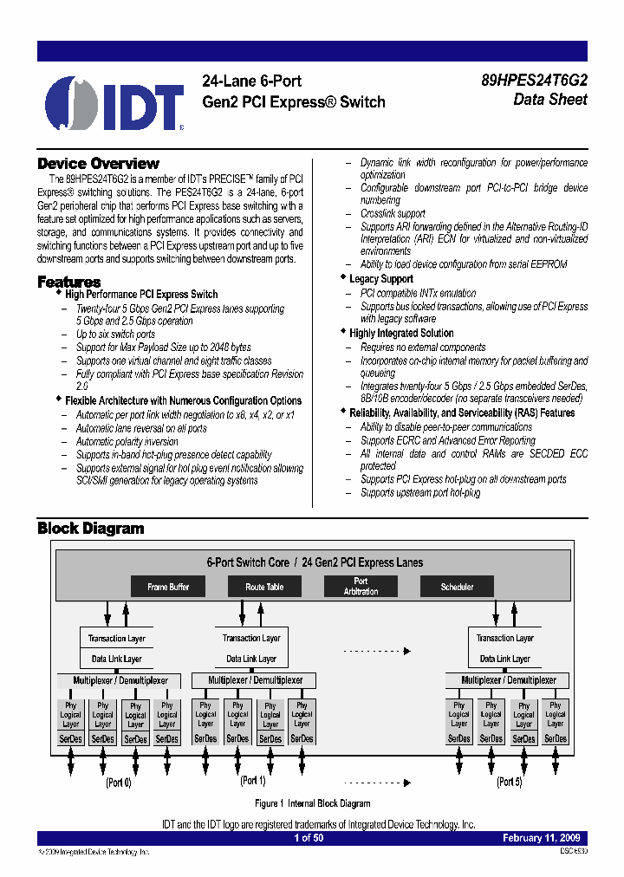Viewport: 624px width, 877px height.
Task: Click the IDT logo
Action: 114,103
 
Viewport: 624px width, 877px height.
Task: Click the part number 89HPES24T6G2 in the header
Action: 534,81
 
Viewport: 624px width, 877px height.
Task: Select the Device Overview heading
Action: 98,164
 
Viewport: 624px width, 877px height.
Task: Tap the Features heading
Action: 68,282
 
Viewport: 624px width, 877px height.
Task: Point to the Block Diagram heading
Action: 90,528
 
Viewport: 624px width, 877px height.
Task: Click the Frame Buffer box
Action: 168,587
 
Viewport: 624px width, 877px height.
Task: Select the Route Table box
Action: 264,587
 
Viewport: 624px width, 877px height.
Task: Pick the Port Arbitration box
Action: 361,587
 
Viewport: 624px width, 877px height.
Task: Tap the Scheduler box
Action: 457,587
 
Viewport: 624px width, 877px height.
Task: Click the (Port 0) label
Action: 119,783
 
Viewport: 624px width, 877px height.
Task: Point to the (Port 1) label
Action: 253,781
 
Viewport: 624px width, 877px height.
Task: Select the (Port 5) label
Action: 509,782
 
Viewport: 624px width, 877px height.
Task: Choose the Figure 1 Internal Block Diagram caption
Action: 313,803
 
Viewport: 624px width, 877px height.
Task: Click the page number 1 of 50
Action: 309,838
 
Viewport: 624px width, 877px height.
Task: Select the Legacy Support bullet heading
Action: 380,279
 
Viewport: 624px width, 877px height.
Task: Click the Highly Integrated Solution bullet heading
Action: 401,333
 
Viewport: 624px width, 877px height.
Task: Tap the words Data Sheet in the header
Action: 550,100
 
